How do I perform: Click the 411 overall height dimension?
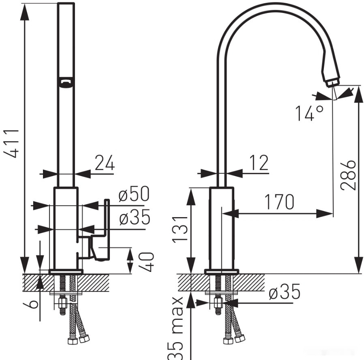point(12,143)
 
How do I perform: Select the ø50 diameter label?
point(134,194)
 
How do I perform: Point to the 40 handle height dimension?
point(148,262)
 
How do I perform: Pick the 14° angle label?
point(309,113)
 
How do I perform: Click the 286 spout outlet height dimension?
point(349,175)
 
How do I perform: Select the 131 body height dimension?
point(180,229)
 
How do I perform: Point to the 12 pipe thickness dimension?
point(259,162)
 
